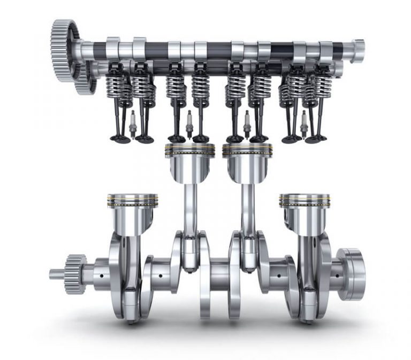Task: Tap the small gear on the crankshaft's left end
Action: click(x=75, y=274)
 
